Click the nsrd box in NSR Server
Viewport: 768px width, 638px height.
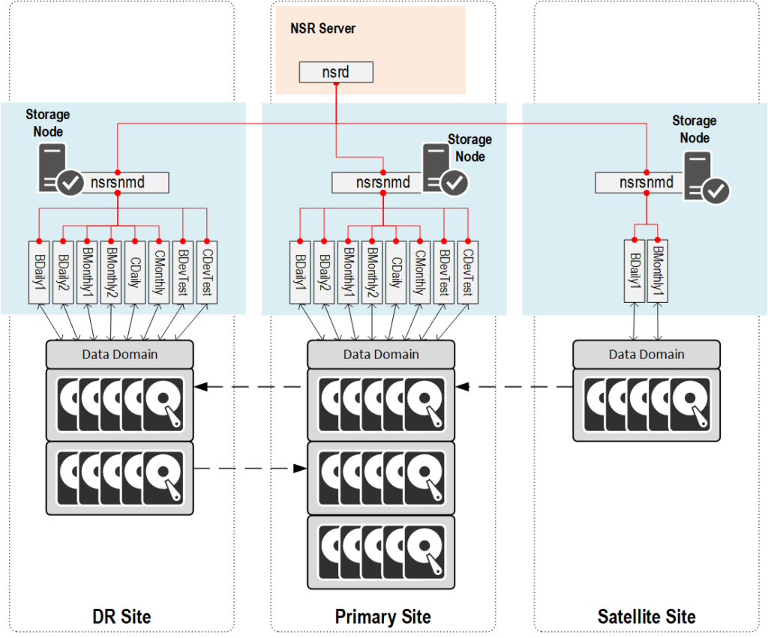pos(335,73)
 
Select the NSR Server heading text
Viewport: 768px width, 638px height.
pos(322,28)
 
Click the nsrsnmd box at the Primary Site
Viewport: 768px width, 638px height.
pos(382,182)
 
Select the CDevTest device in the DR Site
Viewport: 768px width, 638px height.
pos(206,271)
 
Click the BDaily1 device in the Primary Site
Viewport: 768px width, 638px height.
pos(300,271)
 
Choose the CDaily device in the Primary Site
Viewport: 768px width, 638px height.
pos(395,271)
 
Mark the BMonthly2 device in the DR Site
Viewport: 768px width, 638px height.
pos(111,271)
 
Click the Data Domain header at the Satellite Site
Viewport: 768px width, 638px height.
pos(646,354)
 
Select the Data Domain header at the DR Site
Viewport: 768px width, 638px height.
pos(120,354)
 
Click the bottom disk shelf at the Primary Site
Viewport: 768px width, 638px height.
pos(381,551)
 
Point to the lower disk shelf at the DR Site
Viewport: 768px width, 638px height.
pos(120,478)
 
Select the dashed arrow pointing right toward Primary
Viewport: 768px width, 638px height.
pos(250,469)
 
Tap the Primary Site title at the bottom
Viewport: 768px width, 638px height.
pos(382,617)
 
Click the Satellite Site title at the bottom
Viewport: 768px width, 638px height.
pos(646,617)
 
